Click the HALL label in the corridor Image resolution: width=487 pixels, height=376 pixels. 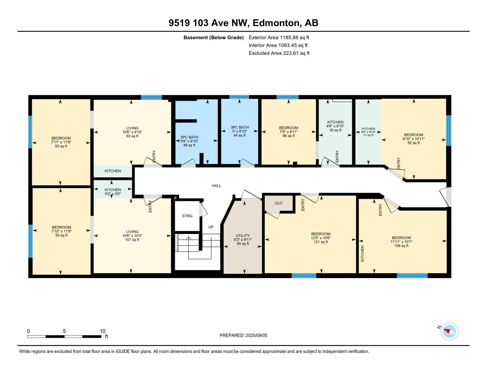tap(216, 185)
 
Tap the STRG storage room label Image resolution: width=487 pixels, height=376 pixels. tap(187, 216)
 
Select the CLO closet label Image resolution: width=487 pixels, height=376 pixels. tap(278, 203)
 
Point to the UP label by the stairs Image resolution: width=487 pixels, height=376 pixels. tap(211, 227)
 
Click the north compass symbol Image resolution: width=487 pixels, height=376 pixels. tap(449, 331)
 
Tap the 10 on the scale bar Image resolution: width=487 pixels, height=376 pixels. tap(103, 331)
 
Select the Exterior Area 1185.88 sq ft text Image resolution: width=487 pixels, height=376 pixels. tap(279, 37)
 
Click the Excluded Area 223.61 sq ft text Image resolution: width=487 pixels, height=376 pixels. tap(279, 53)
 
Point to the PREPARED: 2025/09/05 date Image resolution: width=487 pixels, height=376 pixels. tap(243, 335)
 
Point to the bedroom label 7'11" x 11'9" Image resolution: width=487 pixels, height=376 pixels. tap(61, 142)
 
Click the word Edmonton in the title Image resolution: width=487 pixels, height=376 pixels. tap(275, 23)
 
